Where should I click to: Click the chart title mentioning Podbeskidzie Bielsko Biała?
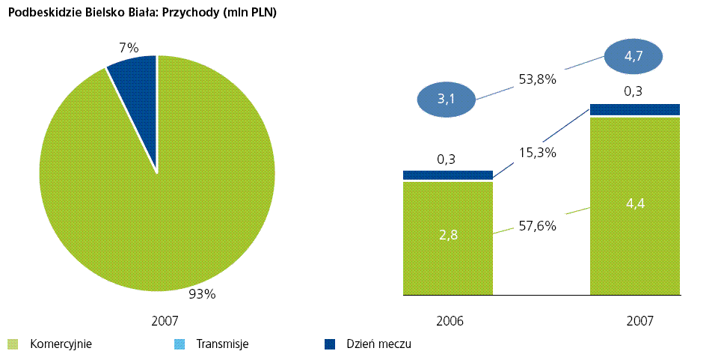(142, 12)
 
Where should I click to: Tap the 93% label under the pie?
(202, 294)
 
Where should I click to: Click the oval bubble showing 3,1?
(446, 100)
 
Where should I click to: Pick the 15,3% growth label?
(537, 152)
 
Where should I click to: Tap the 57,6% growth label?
(537, 225)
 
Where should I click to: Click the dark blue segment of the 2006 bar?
(448, 175)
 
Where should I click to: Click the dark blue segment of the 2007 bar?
(634, 110)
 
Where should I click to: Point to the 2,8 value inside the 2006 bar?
(448, 235)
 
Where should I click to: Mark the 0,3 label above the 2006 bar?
(446, 159)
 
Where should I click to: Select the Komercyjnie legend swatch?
(13, 344)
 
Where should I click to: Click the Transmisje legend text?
(222, 344)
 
